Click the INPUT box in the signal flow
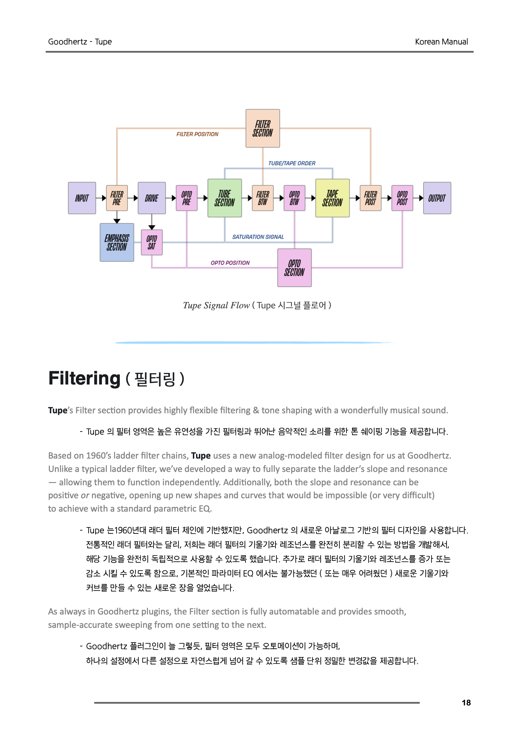[x=82, y=198]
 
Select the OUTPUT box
[x=437, y=198]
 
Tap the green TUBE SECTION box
[x=225, y=198]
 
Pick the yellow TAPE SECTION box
[x=332, y=198]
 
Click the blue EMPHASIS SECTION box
[x=117, y=242]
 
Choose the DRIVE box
[x=151, y=198]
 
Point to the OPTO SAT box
[x=151, y=242]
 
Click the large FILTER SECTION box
[x=262, y=128]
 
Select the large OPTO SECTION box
[x=294, y=268]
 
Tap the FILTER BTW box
[x=262, y=198]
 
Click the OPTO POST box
[x=402, y=198]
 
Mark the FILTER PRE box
[x=117, y=198]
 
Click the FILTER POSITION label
[x=197, y=134]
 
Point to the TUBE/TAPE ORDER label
[x=292, y=163]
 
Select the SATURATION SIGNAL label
[x=258, y=237]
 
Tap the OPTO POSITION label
[x=230, y=263]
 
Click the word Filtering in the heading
[x=84, y=379]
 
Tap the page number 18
[x=466, y=703]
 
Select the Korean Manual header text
[x=441, y=42]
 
